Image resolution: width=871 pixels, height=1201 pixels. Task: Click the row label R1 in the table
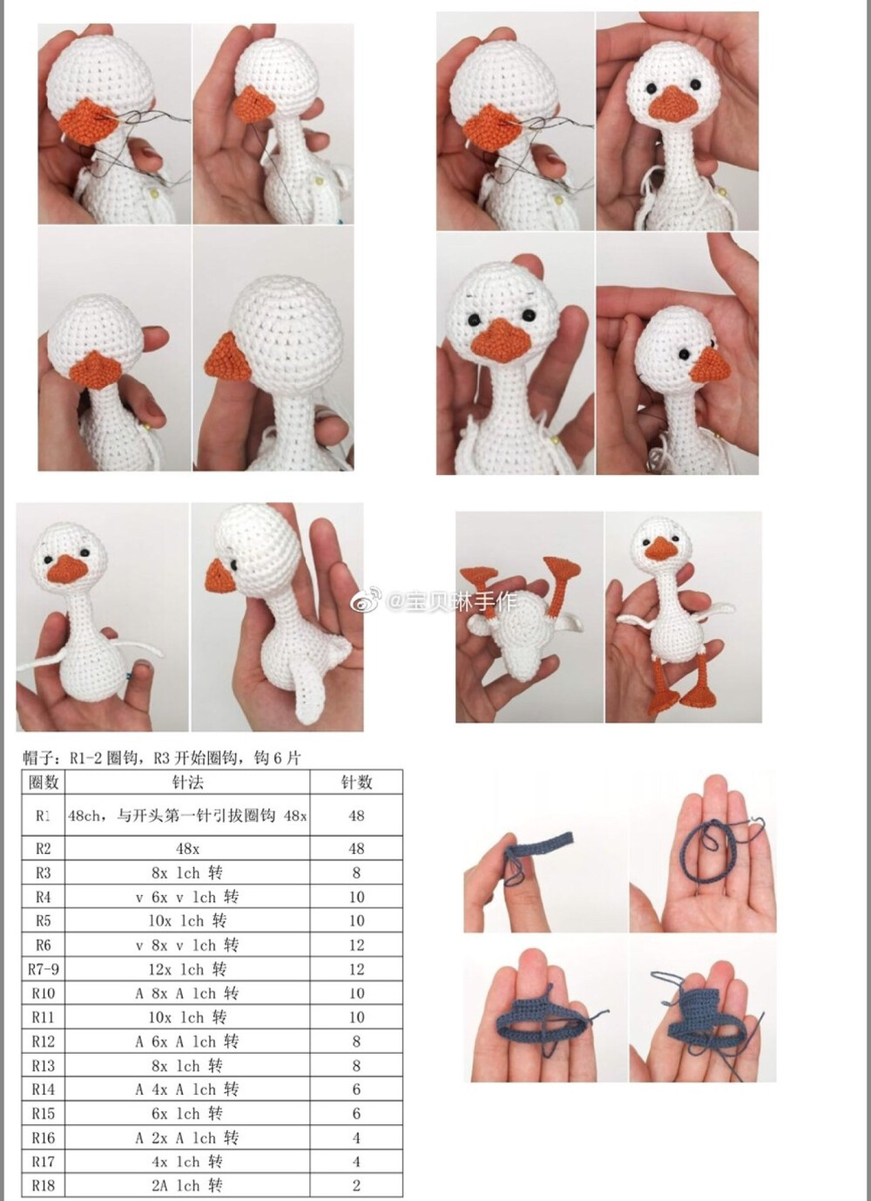coord(43,816)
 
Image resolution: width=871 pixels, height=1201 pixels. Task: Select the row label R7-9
coord(43,969)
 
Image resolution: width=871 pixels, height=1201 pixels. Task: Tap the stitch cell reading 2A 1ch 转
coord(187,1185)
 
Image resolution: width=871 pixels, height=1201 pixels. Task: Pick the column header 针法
coord(187,783)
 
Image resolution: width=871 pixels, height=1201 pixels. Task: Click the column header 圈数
coord(44,783)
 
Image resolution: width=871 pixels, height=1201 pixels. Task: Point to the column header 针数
coord(356,783)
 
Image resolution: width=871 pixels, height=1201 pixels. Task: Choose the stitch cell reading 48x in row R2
coord(187,849)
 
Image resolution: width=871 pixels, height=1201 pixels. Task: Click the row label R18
coord(43,1185)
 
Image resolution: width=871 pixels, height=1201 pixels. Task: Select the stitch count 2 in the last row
coord(356,1185)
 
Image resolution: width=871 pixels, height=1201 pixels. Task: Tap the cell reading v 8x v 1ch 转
coord(187,945)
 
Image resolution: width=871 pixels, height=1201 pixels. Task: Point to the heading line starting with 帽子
coord(162,758)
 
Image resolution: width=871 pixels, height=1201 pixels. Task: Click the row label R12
coord(43,1042)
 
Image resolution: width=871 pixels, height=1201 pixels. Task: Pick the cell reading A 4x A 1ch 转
coord(187,1089)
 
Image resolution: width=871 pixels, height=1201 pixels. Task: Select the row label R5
coord(43,920)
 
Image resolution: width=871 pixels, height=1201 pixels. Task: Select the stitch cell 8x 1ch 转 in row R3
coord(187,873)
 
